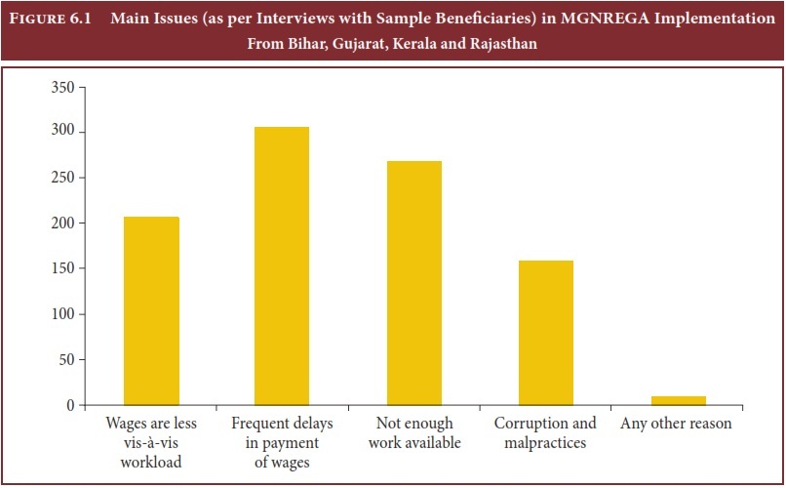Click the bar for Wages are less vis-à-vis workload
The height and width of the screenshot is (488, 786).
click(151, 310)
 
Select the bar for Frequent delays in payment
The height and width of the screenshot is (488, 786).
click(282, 265)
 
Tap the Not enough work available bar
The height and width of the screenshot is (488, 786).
click(413, 283)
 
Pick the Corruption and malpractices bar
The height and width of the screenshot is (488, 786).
click(545, 332)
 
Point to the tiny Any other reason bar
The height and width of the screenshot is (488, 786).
click(678, 400)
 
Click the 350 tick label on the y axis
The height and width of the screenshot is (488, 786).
click(62, 87)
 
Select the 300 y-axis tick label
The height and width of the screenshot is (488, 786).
click(62, 132)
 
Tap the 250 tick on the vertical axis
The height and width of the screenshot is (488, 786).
click(62, 178)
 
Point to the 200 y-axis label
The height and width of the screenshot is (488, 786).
click(62, 223)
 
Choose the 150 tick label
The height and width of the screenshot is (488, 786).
click(62, 268)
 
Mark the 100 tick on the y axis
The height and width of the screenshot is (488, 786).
click(62, 314)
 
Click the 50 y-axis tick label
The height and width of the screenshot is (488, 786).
click(66, 359)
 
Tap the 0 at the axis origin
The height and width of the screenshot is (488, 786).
click(70, 405)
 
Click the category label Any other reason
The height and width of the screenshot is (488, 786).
click(676, 425)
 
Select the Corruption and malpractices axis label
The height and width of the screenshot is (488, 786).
click(545, 433)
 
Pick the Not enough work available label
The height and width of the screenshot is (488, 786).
click(413, 433)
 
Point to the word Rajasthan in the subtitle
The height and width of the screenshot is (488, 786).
click(502, 44)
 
